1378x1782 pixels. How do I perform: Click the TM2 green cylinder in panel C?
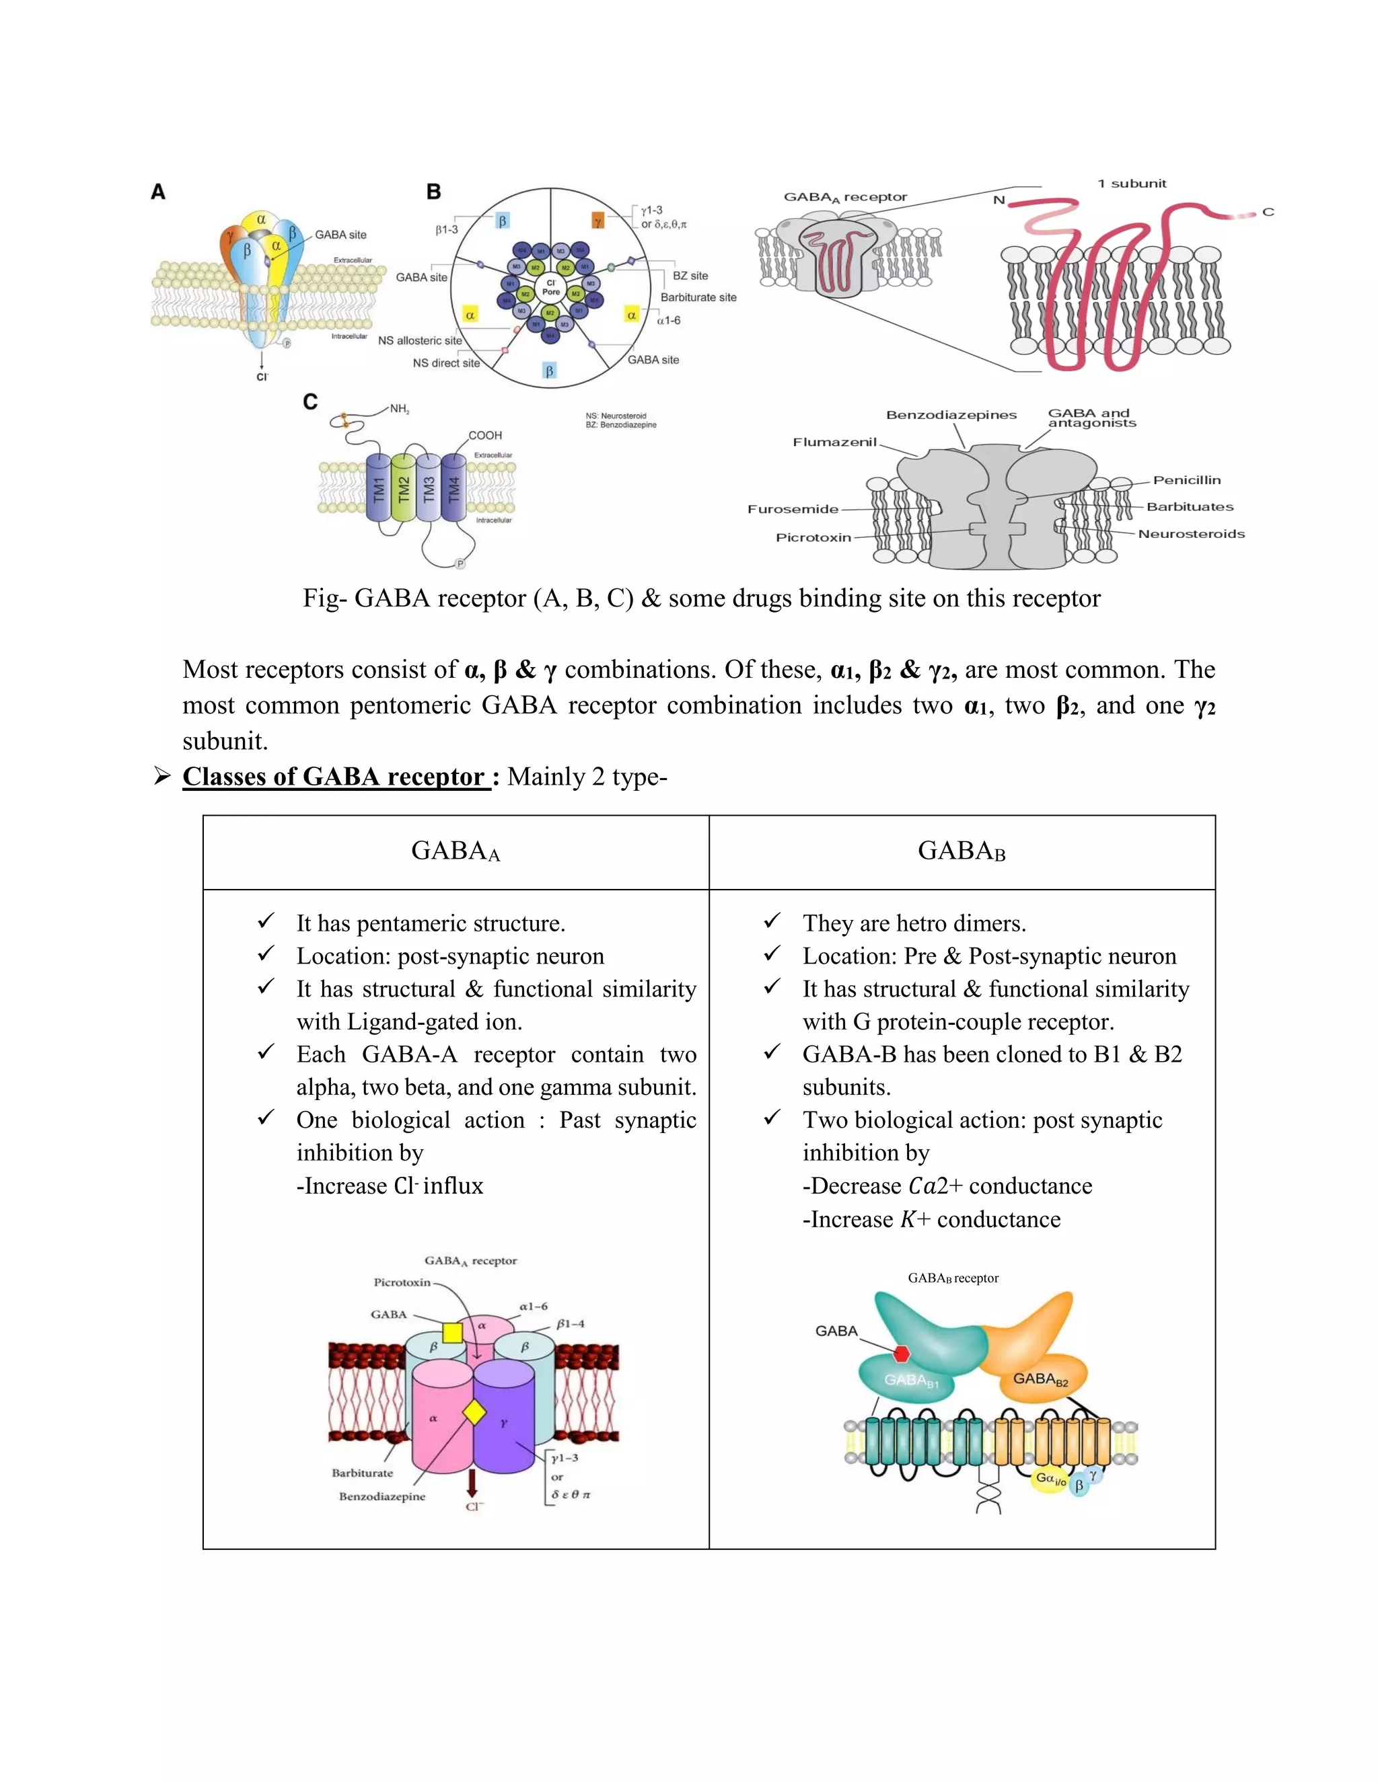coord(403,488)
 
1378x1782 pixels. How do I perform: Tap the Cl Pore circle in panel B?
coord(551,287)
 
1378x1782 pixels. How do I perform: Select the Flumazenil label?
coord(834,442)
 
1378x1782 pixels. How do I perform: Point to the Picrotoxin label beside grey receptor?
coord(813,538)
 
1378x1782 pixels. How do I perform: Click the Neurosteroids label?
coord(1191,534)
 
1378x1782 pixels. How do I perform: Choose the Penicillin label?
coord(1186,481)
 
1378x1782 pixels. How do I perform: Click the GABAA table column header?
coord(456,851)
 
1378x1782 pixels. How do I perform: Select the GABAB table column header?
coord(962,851)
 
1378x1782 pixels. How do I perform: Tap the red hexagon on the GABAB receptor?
coord(901,1354)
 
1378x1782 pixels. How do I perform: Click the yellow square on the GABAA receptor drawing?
coord(452,1332)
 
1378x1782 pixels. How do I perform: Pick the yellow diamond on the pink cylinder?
coord(474,1412)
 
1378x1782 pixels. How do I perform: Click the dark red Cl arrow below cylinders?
coord(472,1481)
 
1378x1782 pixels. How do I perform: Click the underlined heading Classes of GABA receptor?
coord(334,777)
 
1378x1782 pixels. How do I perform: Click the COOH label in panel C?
coord(485,436)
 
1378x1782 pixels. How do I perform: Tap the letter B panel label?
coord(433,192)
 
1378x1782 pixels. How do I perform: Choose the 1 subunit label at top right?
coord(1132,184)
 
